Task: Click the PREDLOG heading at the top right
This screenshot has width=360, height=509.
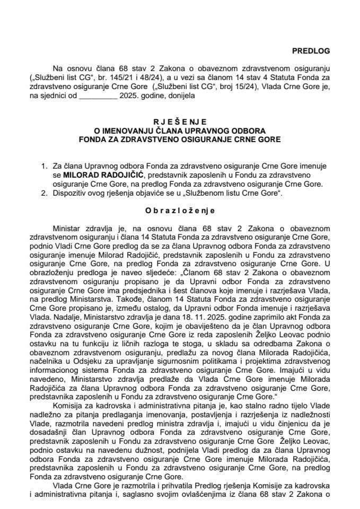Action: pos(311,51)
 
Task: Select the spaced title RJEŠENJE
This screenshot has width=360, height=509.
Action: pos(179,121)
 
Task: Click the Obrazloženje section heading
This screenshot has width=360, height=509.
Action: pos(180,210)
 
